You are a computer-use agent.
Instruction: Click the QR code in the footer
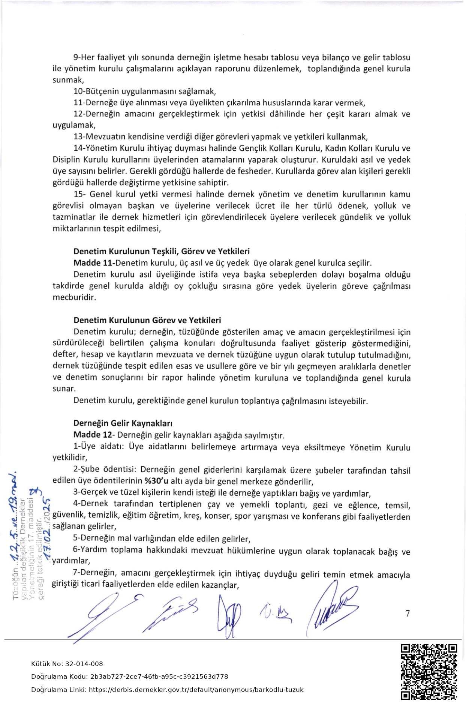tap(429, 672)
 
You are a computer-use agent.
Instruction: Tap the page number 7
tap(408, 614)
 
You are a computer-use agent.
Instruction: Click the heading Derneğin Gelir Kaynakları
tap(123, 423)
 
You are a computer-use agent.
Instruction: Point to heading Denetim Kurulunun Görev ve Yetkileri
tap(147, 320)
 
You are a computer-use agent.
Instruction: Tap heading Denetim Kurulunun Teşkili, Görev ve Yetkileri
tap(161, 251)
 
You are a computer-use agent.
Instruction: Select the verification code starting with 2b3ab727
tap(159, 676)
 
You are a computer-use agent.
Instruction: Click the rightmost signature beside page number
tap(332, 607)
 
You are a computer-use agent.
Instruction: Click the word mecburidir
tap(74, 298)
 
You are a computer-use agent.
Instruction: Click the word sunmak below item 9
tap(67, 80)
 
